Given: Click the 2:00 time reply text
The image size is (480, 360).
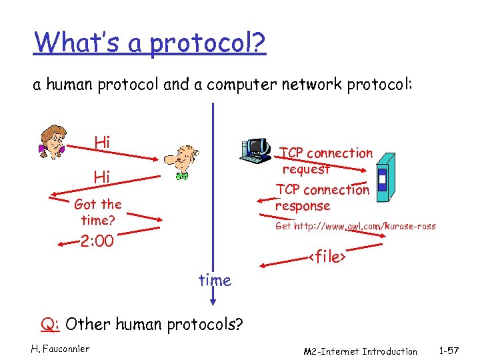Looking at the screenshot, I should pyautogui.click(x=97, y=241).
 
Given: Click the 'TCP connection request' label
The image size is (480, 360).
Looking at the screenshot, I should pyautogui.click(x=327, y=161).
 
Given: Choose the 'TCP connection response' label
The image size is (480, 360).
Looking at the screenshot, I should pyautogui.click(x=323, y=197).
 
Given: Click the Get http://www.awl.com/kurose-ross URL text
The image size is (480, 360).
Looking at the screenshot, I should pyautogui.click(x=355, y=226).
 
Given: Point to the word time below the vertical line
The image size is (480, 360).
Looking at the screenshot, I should pyautogui.click(x=215, y=281).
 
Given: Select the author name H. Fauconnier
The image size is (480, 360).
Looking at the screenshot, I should pyautogui.click(x=60, y=348).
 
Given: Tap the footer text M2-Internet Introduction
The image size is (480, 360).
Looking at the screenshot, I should pyautogui.click(x=360, y=351).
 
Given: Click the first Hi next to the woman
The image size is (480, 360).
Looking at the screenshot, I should pyautogui.click(x=102, y=142).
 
